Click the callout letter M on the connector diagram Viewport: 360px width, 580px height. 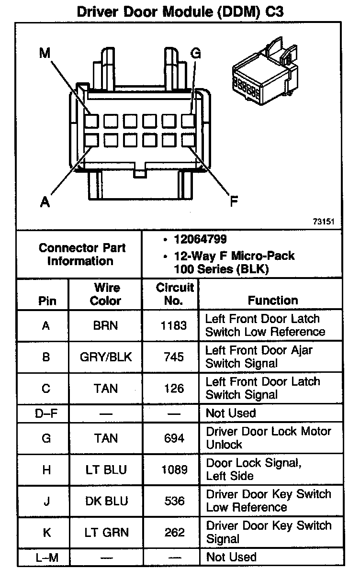point(45,53)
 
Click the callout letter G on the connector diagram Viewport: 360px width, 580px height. point(195,53)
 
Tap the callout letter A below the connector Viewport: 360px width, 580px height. point(45,202)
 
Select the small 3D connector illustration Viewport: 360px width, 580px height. point(264,71)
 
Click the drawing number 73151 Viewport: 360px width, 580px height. point(323,222)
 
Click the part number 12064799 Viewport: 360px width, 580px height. point(200,239)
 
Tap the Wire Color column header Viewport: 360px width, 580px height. point(106,294)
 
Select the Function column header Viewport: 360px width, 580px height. point(272,300)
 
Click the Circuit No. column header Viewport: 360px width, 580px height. point(174,294)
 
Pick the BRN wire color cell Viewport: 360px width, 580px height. point(106,326)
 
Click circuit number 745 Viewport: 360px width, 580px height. point(174,357)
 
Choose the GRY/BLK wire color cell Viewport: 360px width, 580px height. point(106,357)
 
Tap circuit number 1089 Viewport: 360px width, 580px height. point(174,469)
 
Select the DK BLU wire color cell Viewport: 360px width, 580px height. point(106,501)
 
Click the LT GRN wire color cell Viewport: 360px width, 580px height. point(106,532)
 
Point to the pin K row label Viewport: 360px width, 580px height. point(46,532)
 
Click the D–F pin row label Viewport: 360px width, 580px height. point(46,413)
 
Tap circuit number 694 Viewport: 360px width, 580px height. point(174,438)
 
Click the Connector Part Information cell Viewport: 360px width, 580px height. point(82,255)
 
